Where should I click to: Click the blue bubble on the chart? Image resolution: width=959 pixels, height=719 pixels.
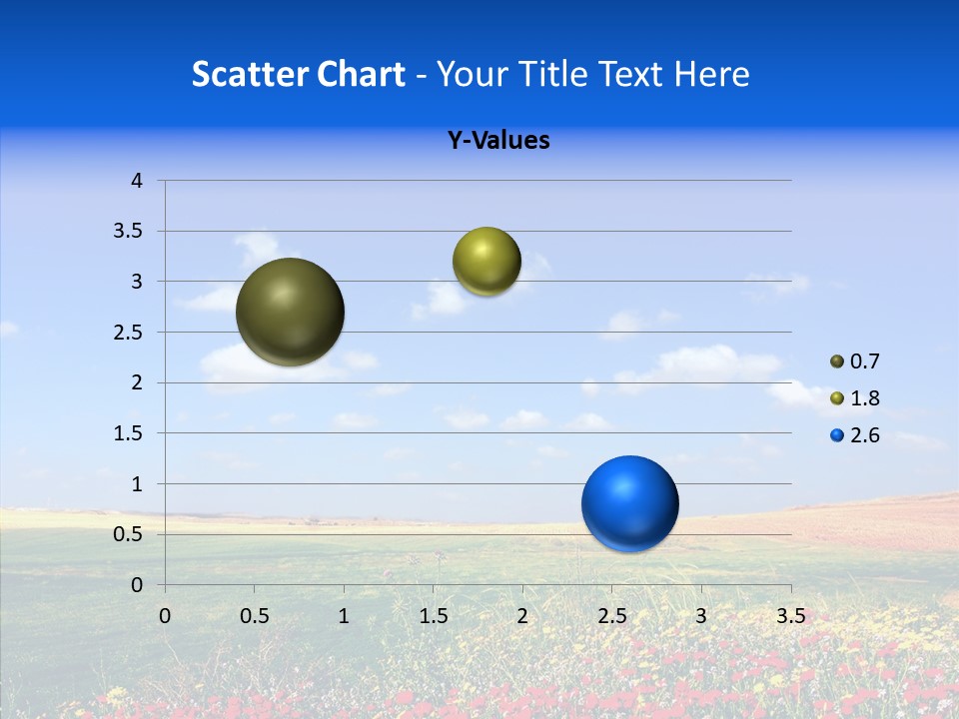point(629,503)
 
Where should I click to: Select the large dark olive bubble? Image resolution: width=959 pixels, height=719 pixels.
point(290,312)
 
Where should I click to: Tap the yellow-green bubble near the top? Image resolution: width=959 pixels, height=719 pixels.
point(486,262)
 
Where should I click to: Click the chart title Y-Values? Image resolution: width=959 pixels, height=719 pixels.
point(498,141)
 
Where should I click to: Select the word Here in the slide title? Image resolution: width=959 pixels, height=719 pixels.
point(711,74)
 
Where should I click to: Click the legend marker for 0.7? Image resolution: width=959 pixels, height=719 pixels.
point(837,361)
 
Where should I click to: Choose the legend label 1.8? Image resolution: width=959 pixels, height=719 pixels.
point(865,398)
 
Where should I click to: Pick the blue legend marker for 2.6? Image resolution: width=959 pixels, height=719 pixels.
point(837,435)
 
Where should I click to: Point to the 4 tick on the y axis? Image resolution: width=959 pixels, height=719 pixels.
point(137,181)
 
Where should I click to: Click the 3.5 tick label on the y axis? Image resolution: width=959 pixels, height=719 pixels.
point(130,231)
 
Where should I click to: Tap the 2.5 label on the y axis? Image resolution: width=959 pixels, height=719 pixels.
point(130,333)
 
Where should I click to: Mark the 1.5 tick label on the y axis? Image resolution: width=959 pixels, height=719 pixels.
point(130,433)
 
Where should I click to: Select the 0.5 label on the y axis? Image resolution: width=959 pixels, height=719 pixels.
point(130,534)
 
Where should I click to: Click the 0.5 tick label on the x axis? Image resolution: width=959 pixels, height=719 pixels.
point(254,615)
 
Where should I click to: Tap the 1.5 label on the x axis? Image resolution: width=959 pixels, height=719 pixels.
point(433,615)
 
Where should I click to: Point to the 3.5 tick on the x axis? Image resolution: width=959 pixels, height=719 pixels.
point(790,615)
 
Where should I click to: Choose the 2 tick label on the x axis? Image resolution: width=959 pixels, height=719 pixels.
point(522,615)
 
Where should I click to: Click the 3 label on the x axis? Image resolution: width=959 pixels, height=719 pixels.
point(701,615)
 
